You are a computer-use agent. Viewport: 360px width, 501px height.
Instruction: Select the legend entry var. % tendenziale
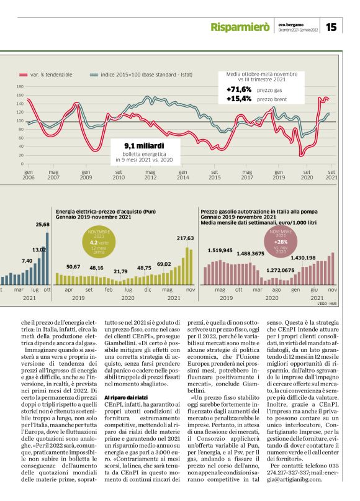[x=50, y=74]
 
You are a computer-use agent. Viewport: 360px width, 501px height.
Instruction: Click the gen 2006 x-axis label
[x=29, y=174]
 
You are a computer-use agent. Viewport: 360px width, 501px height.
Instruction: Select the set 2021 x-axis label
[x=332, y=174]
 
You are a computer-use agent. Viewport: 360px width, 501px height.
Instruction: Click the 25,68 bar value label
[x=43, y=224]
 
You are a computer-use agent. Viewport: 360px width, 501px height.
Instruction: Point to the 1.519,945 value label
[x=220, y=250]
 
